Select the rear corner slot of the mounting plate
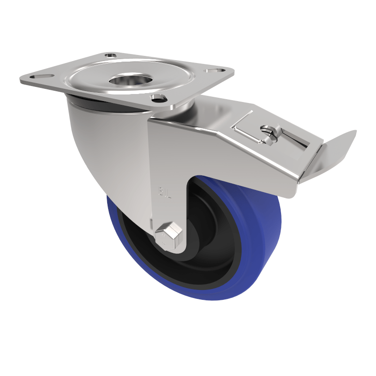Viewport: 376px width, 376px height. click(111, 55)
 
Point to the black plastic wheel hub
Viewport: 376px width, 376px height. click(207, 244)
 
